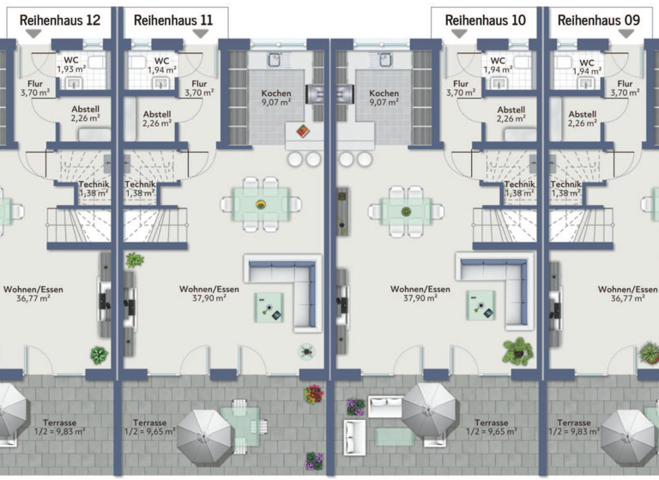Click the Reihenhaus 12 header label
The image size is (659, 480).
(x=58, y=18)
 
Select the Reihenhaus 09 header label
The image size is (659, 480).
(x=597, y=18)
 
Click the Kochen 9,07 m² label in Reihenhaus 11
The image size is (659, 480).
(x=276, y=98)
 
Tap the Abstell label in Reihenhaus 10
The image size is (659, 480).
(x=511, y=116)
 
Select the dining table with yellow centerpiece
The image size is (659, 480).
(x=261, y=204)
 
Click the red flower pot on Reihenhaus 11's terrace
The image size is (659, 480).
(x=312, y=393)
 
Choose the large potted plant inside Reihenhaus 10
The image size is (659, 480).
(x=517, y=350)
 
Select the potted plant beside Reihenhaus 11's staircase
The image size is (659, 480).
(x=135, y=260)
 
